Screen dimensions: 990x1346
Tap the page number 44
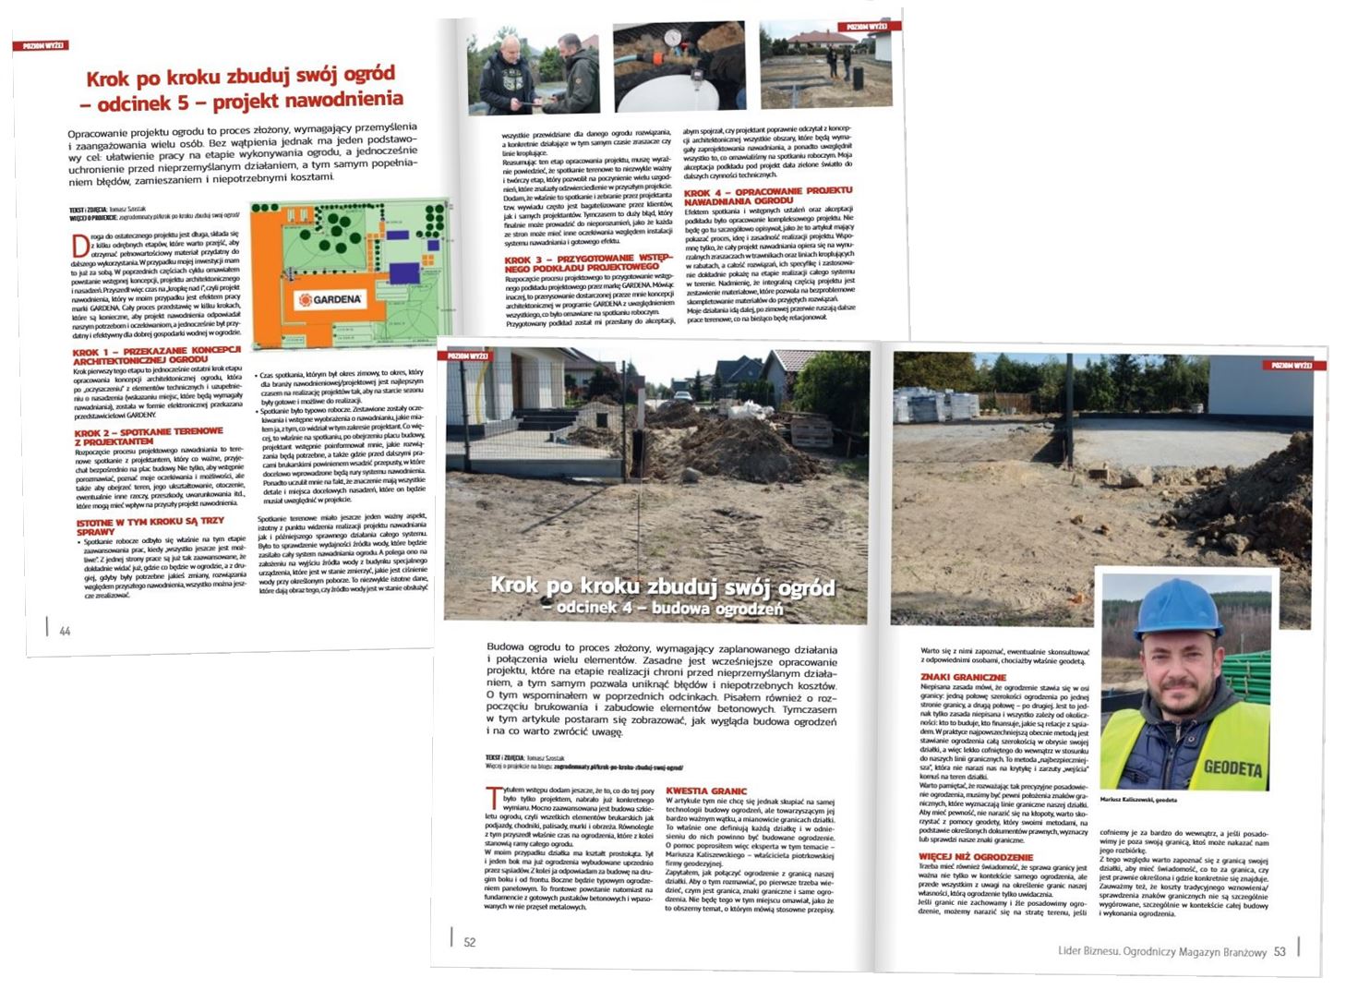pyautogui.click(x=65, y=632)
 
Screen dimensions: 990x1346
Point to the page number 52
pyautogui.click(x=470, y=942)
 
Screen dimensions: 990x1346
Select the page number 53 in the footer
pyautogui.click(x=1280, y=951)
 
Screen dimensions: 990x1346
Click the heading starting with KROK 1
pyautogui.click(x=156, y=356)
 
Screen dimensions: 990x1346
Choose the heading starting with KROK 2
pyautogui.click(x=149, y=436)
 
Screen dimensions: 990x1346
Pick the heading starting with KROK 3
pyautogui.click(x=588, y=262)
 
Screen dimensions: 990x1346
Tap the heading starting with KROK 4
pyautogui.click(x=768, y=196)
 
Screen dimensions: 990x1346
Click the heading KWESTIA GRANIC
pyautogui.click(x=706, y=791)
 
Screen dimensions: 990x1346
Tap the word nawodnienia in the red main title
pyautogui.click(x=344, y=99)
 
